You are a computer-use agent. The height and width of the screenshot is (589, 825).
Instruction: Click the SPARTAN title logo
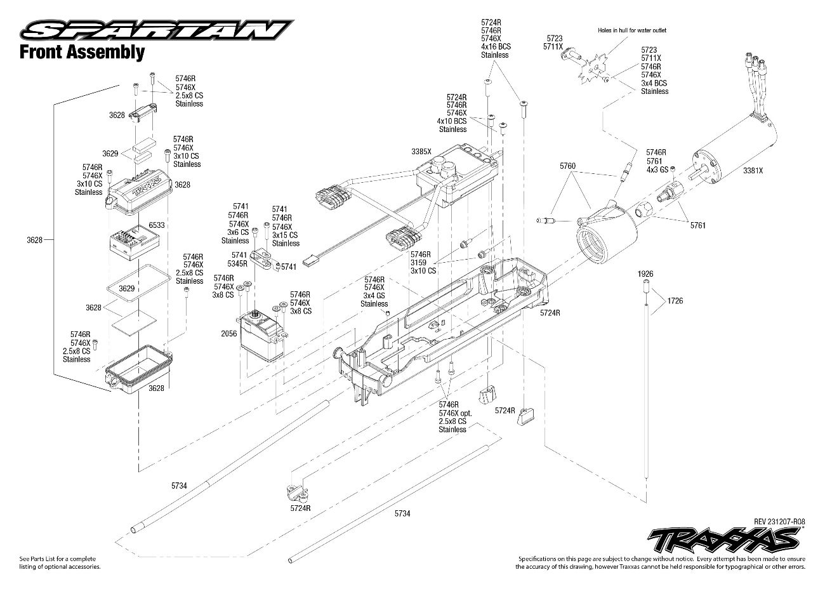(x=155, y=29)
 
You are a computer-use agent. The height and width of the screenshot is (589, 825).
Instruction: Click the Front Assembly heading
(x=82, y=52)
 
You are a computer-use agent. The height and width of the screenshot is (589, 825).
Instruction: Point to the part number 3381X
(x=753, y=171)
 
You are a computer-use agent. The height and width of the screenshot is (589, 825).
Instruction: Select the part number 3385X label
(x=421, y=152)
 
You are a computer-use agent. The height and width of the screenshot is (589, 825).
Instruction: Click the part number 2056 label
(x=229, y=333)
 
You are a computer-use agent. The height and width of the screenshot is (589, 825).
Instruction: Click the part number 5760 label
(x=567, y=166)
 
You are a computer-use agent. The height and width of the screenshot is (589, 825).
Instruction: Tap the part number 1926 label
(x=645, y=274)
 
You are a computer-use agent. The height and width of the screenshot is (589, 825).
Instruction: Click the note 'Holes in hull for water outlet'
(x=632, y=30)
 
